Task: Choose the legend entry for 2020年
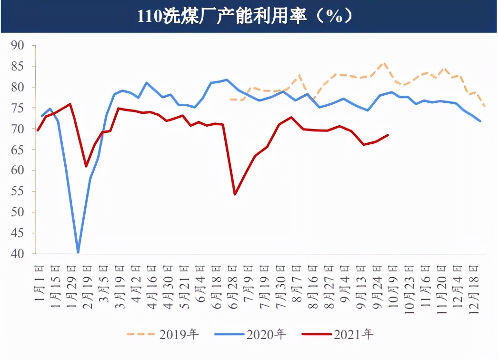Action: pyautogui.click(x=250, y=334)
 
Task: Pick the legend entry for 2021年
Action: pyautogui.click(x=338, y=334)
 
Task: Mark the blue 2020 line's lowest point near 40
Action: pyautogui.click(x=78, y=252)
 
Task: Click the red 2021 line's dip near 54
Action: pyautogui.click(x=235, y=194)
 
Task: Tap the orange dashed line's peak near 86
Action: pyautogui.click(x=383, y=63)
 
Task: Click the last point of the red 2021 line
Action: pyautogui.click(x=388, y=135)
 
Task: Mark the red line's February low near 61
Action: pyautogui.click(x=86, y=166)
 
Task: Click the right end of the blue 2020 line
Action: pyautogui.click(x=480, y=121)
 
